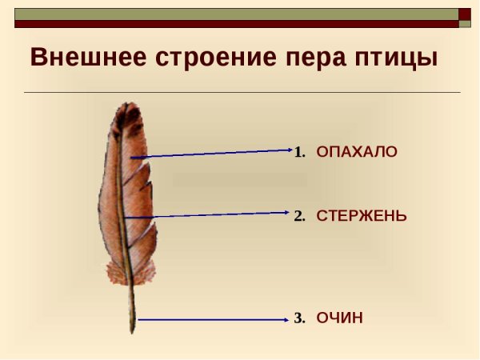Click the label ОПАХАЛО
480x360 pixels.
click(x=357, y=152)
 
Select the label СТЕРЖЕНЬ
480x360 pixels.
click(x=362, y=216)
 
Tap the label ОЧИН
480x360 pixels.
click(x=340, y=318)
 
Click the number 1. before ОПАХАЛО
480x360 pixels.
click(x=300, y=152)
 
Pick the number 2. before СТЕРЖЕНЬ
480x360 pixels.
click(x=300, y=216)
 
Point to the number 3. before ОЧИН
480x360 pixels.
click(x=300, y=318)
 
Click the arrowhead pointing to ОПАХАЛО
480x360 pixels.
click(x=290, y=149)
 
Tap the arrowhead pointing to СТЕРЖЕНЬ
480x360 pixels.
click(x=285, y=213)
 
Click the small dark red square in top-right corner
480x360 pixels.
click(x=465, y=14)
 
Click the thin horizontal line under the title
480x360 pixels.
click(x=240, y=93)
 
